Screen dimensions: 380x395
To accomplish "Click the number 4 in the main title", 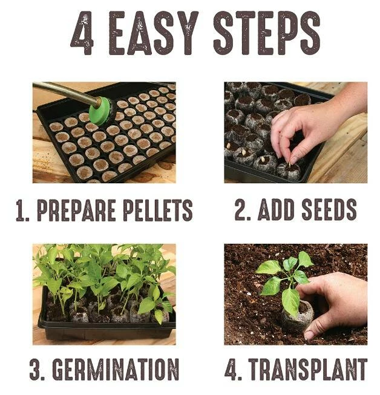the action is pos(82,33).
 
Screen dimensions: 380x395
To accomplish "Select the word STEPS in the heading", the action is pos(267,33).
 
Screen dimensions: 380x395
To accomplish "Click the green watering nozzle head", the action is pos(102,111).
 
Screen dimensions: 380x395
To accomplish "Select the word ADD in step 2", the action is pos(277,209).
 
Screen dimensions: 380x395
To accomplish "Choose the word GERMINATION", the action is pos(116,370).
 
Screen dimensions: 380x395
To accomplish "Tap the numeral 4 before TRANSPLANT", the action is pos(232,370).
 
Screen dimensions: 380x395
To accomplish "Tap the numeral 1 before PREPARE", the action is pos(21,211).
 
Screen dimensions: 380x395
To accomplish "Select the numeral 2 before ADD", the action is pos(243,209).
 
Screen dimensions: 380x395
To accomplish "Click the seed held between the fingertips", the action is pos(290,164).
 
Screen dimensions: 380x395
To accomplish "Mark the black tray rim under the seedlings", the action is pos(106,325).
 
